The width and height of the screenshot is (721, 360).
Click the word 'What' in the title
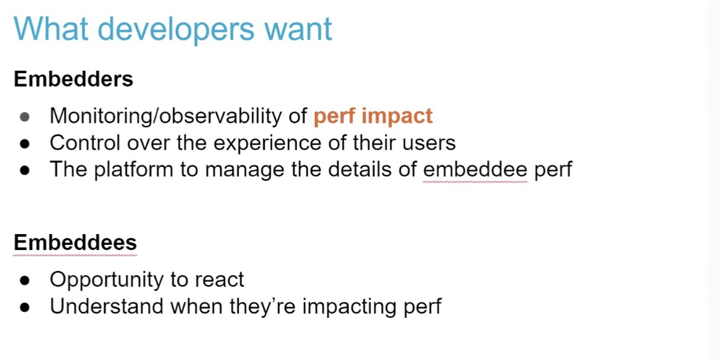[x=51, y=29]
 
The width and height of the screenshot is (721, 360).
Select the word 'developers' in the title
[x=176, y=31]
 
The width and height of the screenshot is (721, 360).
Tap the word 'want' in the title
[x=298, y=30]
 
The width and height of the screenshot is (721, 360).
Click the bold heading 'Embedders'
[x=74, y=79]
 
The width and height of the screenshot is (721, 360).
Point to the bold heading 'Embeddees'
[x=75, y=242]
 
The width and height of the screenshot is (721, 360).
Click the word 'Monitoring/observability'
[x=166, y=116]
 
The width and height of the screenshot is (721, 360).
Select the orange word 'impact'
[x=397, y=116]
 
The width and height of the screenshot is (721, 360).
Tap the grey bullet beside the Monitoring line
[x=25, y=116]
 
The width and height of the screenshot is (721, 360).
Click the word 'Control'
[x=85, y=143]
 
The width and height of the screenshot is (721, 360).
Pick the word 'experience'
[x=267, y=144]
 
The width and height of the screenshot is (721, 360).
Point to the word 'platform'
[x=133, y=170]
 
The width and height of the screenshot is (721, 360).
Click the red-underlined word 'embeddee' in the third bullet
[x=475, y=169]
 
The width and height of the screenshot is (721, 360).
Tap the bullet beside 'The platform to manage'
[x=25, y=170]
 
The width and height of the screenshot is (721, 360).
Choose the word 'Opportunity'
[x=106, y=280]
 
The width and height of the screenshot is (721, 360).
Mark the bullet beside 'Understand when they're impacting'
[x=25, y=307]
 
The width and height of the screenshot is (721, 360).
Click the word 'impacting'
[x=349, y=307]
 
